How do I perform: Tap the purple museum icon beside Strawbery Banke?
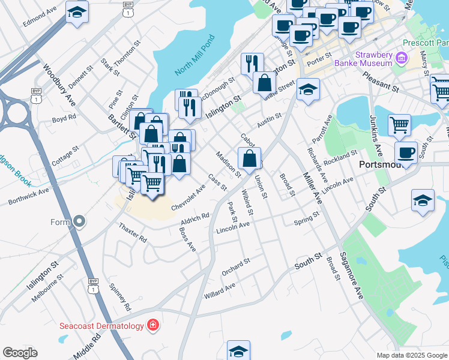point(402,59)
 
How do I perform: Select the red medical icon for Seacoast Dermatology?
point(153,325)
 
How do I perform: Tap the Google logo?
point(20,352)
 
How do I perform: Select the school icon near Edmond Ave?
point(76,13)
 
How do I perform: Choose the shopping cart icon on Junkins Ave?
point(399,125)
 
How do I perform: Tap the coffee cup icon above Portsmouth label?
point(406,152)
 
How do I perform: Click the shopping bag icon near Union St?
point(249,160)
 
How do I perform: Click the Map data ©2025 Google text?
point(412,355)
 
